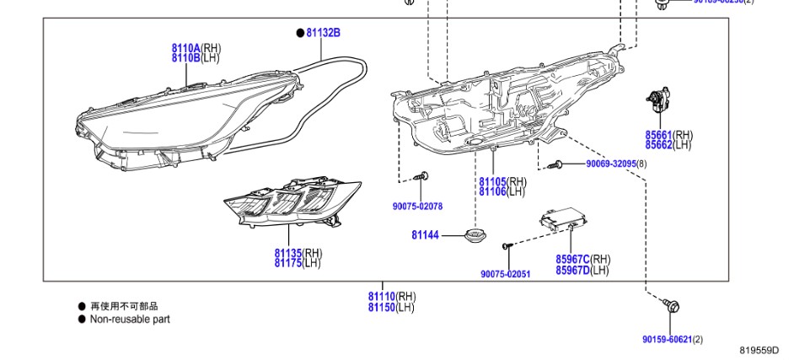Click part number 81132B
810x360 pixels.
coord(323,33)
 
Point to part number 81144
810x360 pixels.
coord(425,235)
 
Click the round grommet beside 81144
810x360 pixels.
coord(477,234)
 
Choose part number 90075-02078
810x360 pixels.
coord(417,207)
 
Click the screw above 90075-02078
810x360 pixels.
coord(421,177)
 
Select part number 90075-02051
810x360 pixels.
coord(505,274)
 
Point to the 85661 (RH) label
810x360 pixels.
coord(668,135)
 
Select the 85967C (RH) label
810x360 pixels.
coord(582,260)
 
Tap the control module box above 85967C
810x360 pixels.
coord(559,222)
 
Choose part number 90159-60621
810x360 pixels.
coord(667,339)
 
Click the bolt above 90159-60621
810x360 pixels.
coord(672,307)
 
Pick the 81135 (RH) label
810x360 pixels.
coord(298,253)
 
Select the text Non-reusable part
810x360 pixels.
coord(130,320)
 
